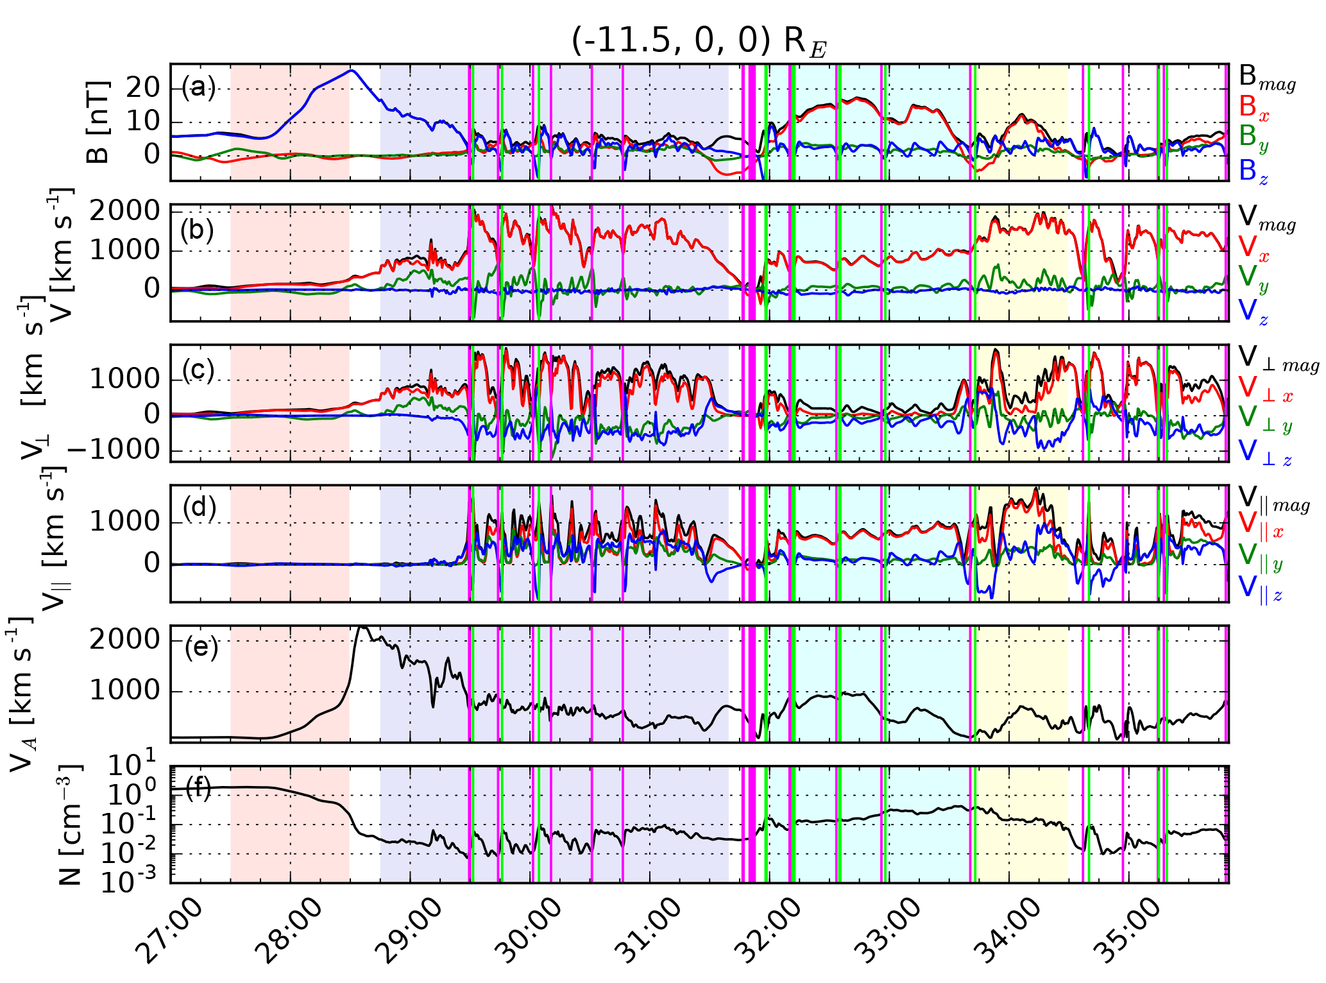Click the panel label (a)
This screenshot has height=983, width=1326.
(x=198, y=87)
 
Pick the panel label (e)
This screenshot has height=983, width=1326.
(x=201, y=648)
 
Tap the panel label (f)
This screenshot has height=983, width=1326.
(x=198, y=787)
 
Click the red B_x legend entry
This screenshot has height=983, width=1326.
(x=1254, y=107)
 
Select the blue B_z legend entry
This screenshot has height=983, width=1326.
(x=1254, y=171)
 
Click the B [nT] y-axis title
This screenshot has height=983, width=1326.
(x=98, y=122)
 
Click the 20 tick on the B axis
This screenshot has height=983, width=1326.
(x=142, y=88)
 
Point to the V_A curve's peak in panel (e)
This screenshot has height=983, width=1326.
(x=362, y=627)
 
